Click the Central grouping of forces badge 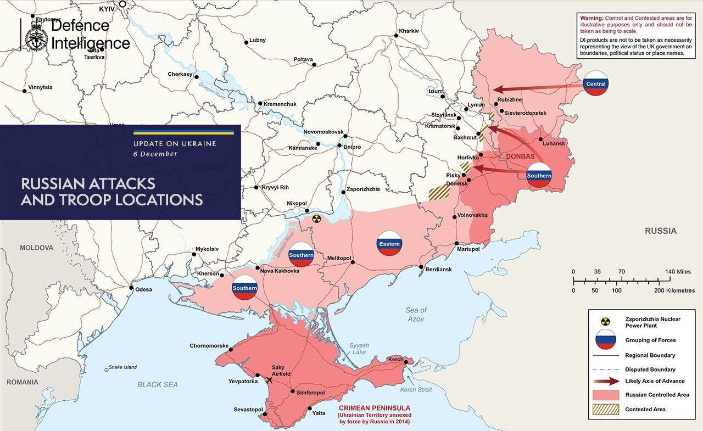(596, 83)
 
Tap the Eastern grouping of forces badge (389, 243)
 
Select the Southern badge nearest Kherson (244, 288)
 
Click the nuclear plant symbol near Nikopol (316, 219)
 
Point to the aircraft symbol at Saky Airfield (269, 380)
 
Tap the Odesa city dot (131, 288)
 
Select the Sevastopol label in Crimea (248, 410)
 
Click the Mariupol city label (468, 249)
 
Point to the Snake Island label (122, 367)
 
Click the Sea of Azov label (416, 314)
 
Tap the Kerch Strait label (415, 390)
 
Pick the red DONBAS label (520, 156)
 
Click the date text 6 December (155, 154)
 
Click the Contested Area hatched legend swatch (606, 409)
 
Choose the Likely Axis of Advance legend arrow (606, 381)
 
